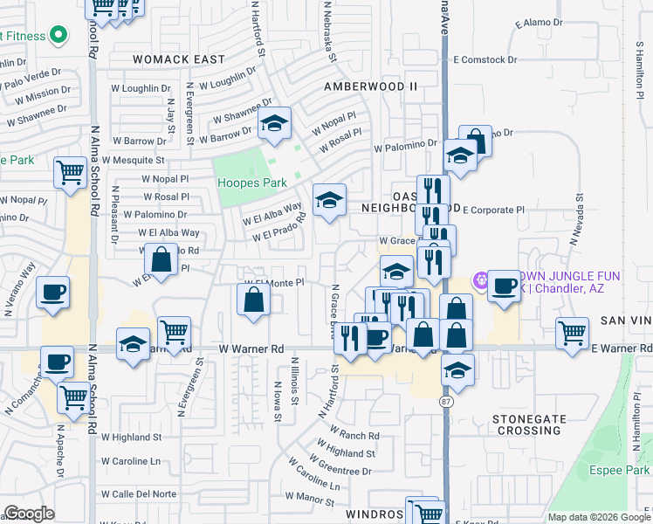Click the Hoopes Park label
(251, 183)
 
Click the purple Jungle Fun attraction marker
(478, 280)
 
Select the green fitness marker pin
(58, 36)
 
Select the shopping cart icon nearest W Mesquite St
(71, 171)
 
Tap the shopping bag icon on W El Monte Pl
(253, 299)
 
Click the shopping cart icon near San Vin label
(572, 331)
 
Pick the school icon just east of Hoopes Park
(329, 201)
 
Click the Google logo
(30, 514)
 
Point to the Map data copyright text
(598, 517)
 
